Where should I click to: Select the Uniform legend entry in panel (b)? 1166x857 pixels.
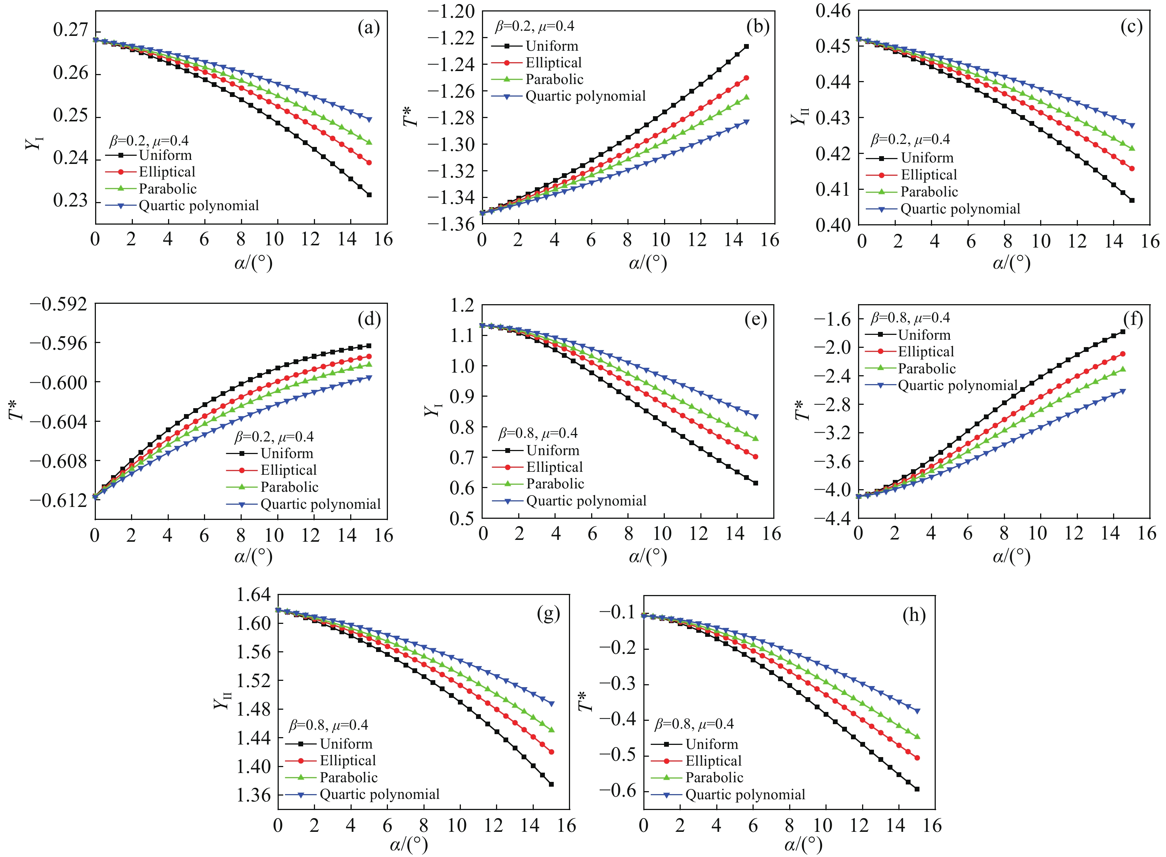(x=552, y=46)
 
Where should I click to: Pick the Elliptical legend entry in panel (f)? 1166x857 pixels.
(x=926, y=352)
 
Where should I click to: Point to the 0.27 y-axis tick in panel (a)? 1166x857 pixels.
(x=70, y=30)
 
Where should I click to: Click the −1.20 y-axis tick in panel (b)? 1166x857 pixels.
(x=451, y=11)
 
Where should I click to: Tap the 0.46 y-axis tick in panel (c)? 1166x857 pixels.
(x=833, y=11)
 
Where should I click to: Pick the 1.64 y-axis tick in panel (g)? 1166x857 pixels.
(x=253, y=595)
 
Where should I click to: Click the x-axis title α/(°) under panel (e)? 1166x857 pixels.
(x=648, y=556)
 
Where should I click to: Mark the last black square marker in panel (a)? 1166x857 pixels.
(x=369, y=195)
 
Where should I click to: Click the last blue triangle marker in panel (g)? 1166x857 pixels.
(x=552, y=704)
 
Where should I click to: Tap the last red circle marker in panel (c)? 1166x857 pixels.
(x=1132, y=169)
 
